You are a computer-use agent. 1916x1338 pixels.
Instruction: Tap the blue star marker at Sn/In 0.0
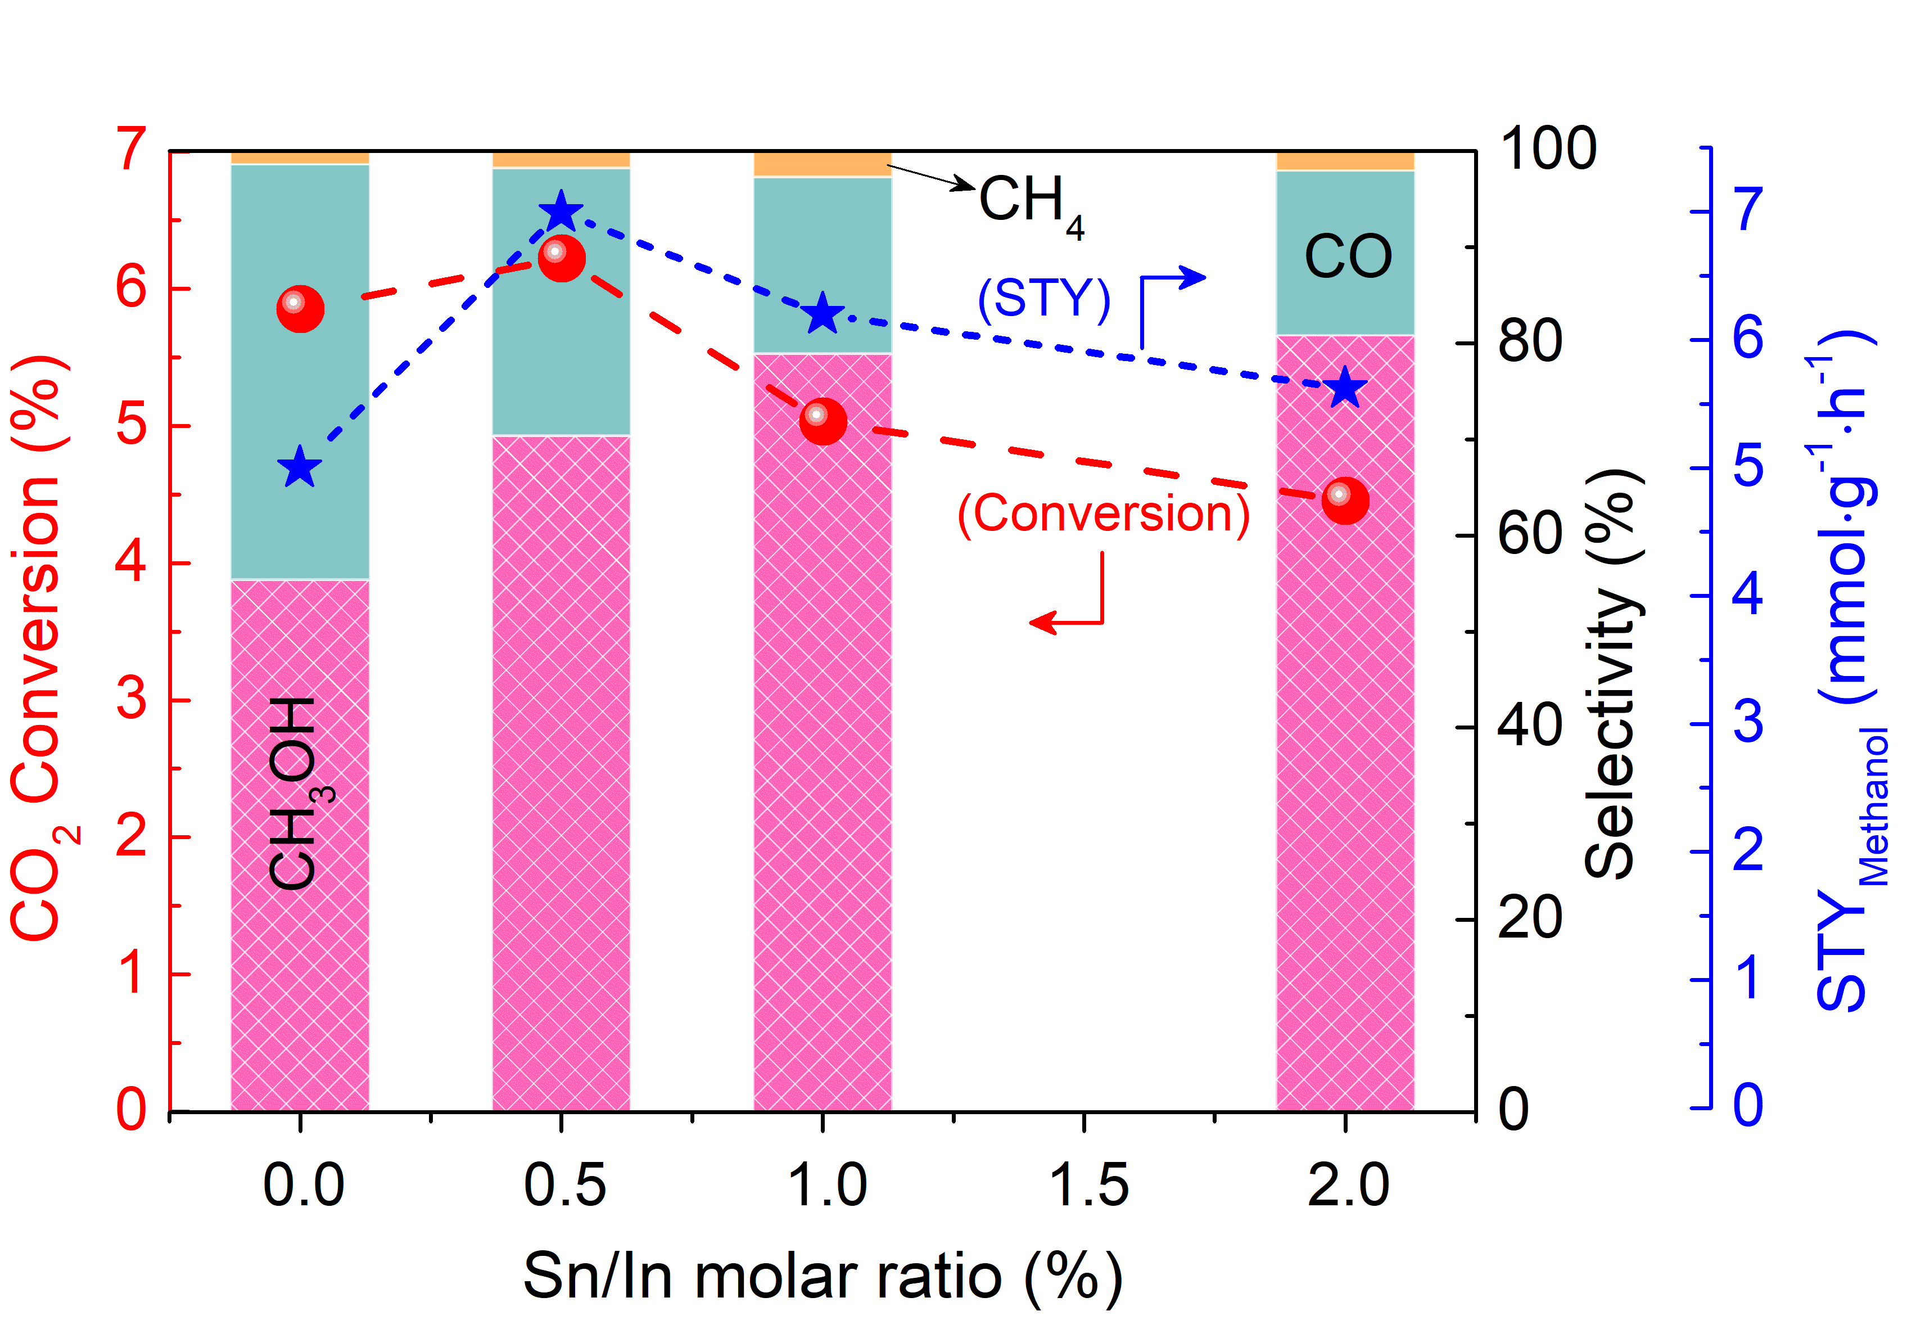tap(300, 467)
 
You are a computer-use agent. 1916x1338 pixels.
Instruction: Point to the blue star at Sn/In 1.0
tap(823, 314)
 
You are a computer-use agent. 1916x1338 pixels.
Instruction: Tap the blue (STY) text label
tap(1044, 298)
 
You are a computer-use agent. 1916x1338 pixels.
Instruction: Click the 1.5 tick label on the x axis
tap(1087, 1185)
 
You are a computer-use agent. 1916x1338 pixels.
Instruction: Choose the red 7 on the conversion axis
tap(132, 150)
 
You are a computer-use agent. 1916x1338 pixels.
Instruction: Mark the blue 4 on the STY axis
tap(1747, 594)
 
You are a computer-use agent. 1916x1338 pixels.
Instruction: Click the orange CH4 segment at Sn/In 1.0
tap(823, 164)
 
